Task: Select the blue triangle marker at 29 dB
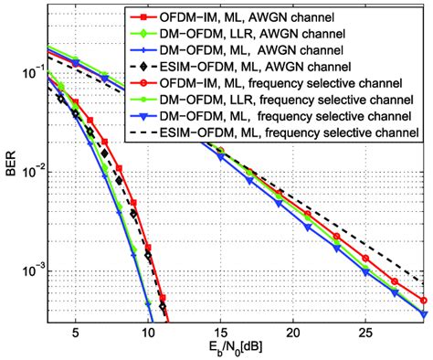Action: tap(423, 313)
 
